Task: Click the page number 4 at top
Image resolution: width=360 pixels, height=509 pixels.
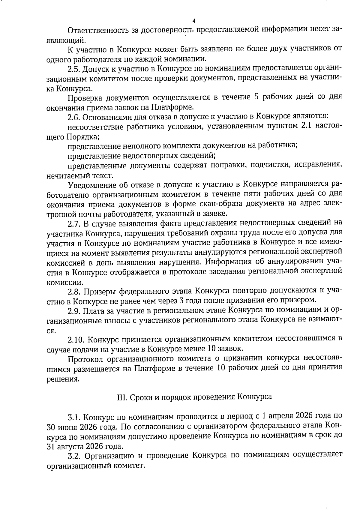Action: pos(193,21)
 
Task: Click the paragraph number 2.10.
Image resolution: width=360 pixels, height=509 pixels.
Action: pos(75,339)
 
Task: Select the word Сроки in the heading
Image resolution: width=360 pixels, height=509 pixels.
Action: pos(139,397)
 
